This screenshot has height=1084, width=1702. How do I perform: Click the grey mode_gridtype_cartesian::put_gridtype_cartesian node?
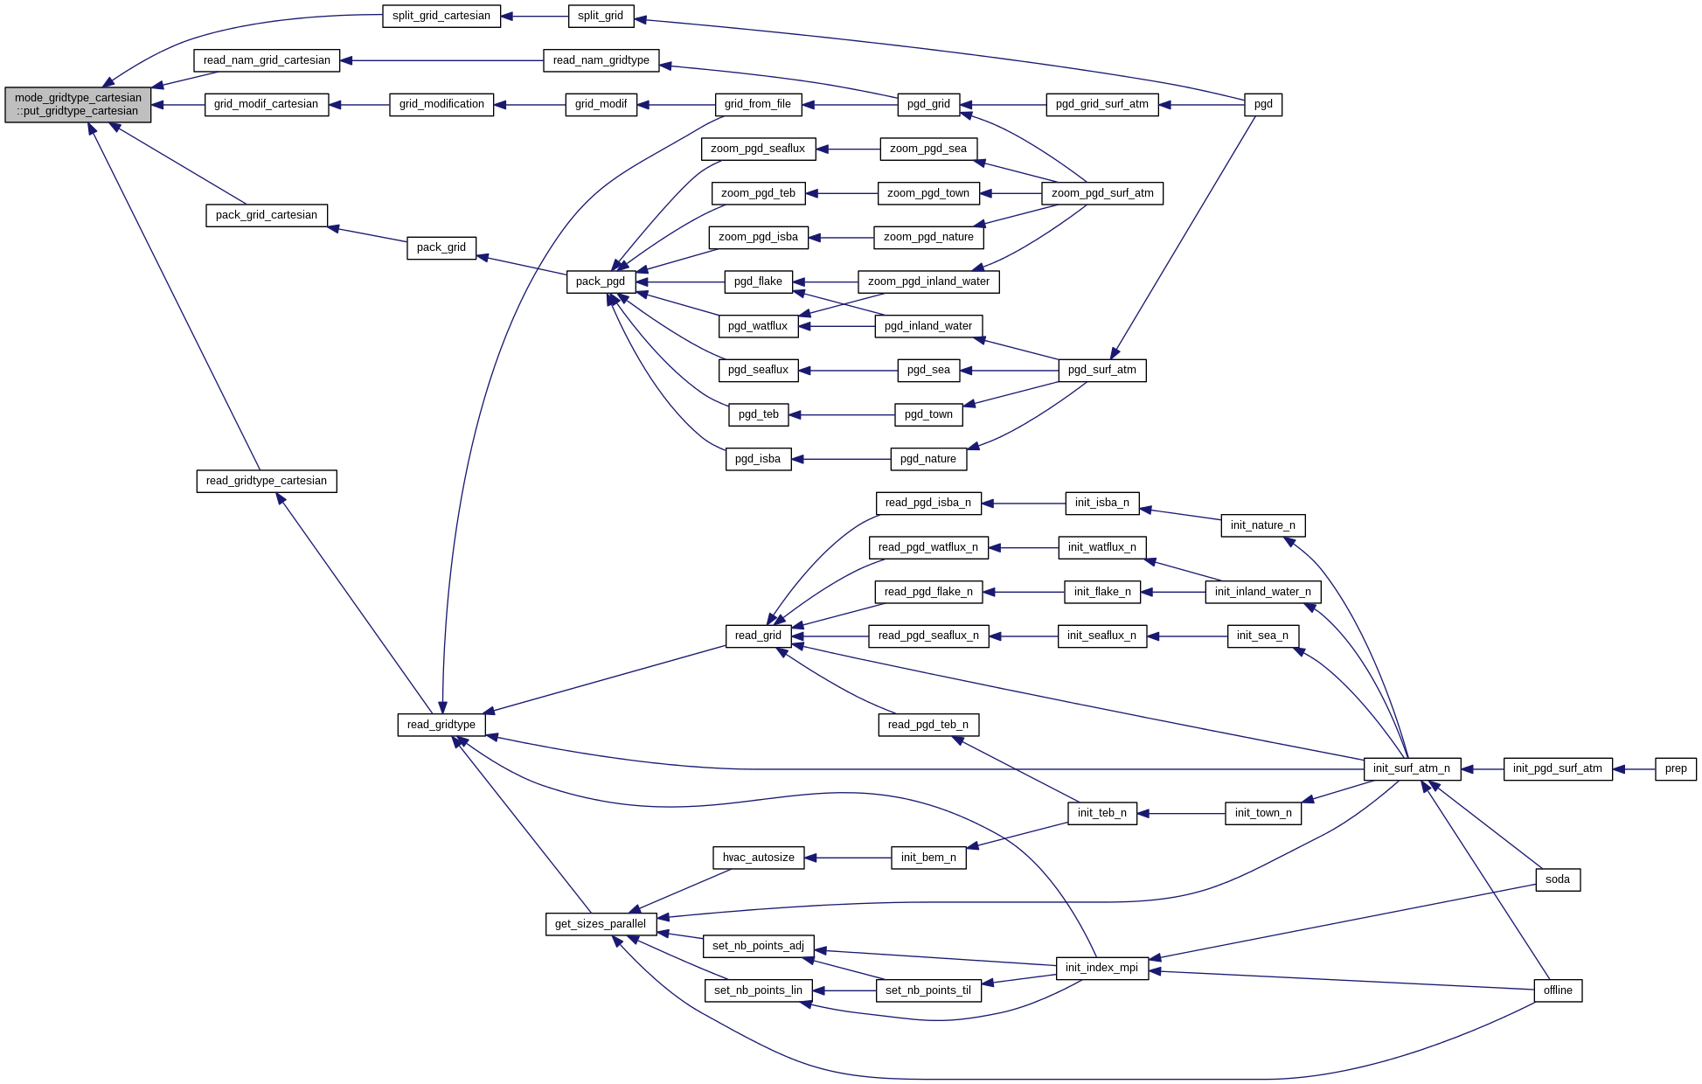click(78, 105)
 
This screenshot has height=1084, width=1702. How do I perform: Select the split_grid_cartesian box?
click(441, 16)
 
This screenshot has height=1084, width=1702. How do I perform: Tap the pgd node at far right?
click(1263, 104)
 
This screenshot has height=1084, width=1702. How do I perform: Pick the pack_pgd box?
click(601, 281)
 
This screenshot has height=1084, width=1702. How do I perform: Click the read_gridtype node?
click(441, 725)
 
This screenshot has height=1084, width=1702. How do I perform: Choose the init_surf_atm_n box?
click(1412, 769)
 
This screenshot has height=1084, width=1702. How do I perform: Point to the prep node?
click(1676, 769)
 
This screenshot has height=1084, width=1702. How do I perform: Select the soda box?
click(1558, 879)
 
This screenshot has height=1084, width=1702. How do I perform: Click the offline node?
click(1558, 990)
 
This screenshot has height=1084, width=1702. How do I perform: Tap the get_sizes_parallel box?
click(601, 924)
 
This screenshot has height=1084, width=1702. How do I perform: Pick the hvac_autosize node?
click(759, 858)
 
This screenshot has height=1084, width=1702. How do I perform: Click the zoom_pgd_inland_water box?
click(928, 281)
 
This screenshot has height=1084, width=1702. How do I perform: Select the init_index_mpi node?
click(1102, 968)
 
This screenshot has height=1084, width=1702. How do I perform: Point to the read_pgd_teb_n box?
click(928, 725)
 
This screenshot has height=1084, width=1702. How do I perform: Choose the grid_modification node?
click(441, 104)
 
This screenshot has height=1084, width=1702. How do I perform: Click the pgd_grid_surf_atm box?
click(1102, 104)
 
